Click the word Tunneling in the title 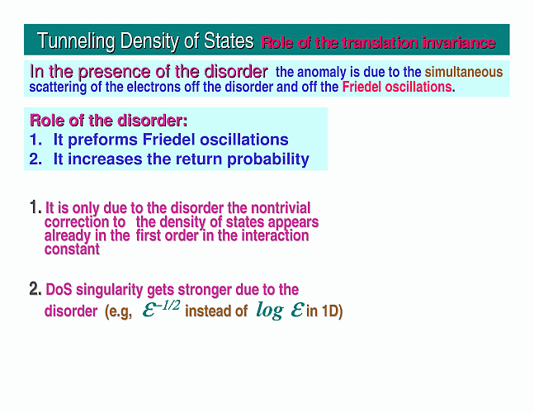[76, 41]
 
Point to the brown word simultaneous [464, 72]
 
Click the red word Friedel [362, 87]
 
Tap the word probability [268, 159]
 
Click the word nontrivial [281, 208]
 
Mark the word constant [72, 249]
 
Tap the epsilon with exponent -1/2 [161, 309]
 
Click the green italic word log [270, 311]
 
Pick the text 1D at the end [331, 311]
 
